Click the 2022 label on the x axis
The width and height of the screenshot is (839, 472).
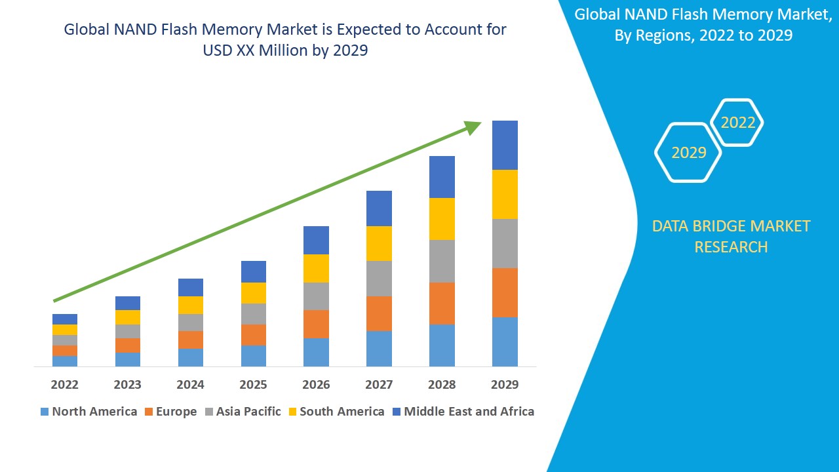[x=64, y=384]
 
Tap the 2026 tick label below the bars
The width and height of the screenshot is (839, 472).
[x=316, y=384]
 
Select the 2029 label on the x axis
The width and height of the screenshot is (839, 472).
[x=505, y=384]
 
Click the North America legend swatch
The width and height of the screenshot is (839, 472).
[x=45, y=412]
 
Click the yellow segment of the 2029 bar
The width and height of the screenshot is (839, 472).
[x=505, y=194]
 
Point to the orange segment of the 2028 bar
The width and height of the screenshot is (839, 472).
[x=442, y=303]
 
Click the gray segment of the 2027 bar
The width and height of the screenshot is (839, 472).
[x=379, y=279]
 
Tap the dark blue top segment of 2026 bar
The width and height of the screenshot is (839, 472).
[x=316, y=240]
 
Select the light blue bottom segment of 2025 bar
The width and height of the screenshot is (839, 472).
[x=253, y=355]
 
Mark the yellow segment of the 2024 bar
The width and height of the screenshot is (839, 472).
[x=190, y=305]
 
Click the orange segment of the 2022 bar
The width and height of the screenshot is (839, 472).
[x=64, y=351]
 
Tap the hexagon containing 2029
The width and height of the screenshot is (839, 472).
[x=688, y=152]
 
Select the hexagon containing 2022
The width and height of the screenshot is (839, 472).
[x=737, y=123]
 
